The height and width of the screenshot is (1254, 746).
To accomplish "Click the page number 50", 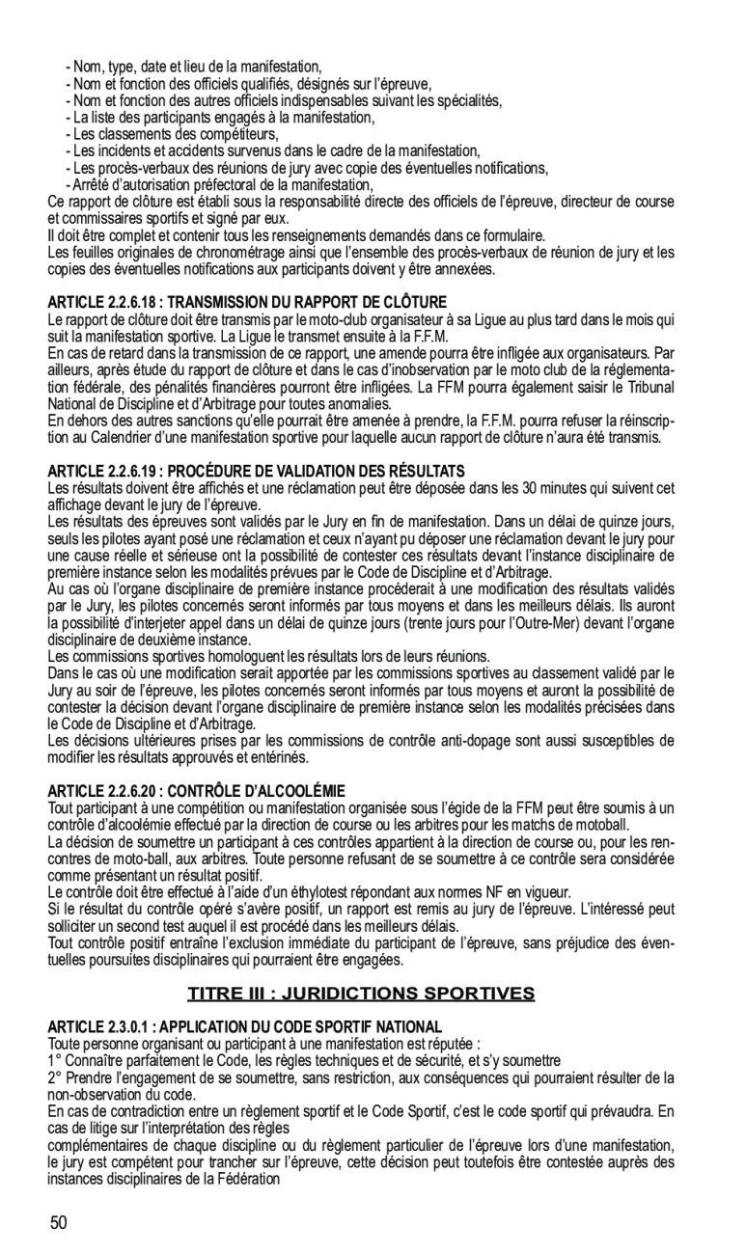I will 59,1223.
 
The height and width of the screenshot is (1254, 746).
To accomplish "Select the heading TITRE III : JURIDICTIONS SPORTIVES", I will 361,994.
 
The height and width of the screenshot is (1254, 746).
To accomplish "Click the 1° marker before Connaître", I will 54,1059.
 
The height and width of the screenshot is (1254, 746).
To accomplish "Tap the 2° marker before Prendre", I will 54,1077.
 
